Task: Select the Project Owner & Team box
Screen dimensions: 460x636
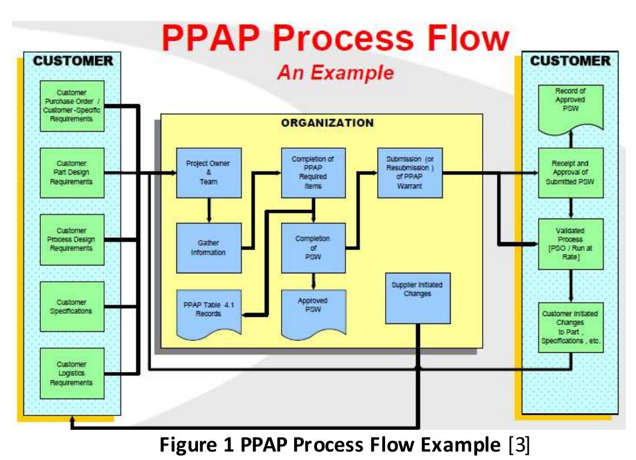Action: click(208, 173)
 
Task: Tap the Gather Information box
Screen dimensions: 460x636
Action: click(208, 247)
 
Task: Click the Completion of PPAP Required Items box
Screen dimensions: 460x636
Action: click(313, 173)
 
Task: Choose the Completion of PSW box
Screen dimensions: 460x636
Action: click(313, 247)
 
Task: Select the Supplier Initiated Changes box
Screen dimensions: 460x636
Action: click(417, 298)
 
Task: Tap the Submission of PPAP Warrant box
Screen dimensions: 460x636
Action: click(409, 173)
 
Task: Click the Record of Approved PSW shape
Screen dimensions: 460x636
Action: click(570, 104)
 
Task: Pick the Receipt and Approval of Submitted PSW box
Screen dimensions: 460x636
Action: click(570, 173)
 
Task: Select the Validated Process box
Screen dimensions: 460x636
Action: click(570, 243)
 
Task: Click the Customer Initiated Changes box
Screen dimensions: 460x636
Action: click(570, 327)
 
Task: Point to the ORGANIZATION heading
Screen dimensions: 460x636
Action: click(327, 123)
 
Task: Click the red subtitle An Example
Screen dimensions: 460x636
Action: click(335, 73)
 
